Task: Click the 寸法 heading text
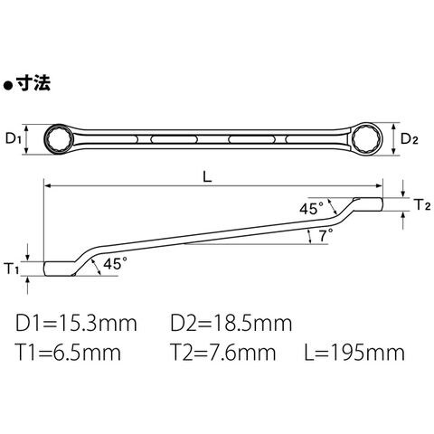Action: click(33, 83)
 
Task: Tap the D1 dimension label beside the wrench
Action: click(13, 139)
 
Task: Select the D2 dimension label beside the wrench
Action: click(410, 138)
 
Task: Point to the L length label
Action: click(207, 177)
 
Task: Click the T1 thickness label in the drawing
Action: click(13, 269)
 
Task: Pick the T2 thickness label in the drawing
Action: click(423, 204)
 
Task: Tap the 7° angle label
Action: click(325, 235)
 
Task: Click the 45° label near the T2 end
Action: click(311, 209)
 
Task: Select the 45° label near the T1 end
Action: click(115, 264)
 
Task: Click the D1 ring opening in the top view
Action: click(60, 139)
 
